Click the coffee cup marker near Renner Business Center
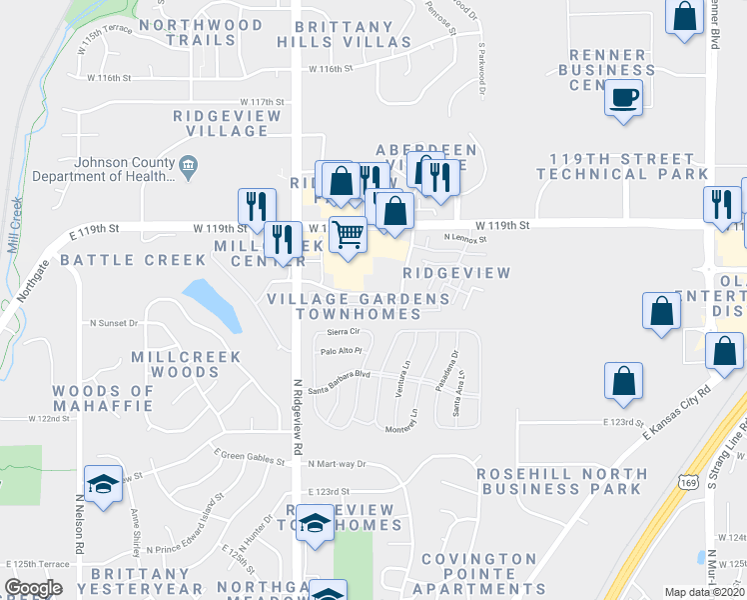pos(624,98)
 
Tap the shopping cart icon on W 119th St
pos(348,235)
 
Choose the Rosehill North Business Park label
pos(560,481)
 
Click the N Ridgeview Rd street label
pos(297,415)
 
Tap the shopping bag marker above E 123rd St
pos(623,381)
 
